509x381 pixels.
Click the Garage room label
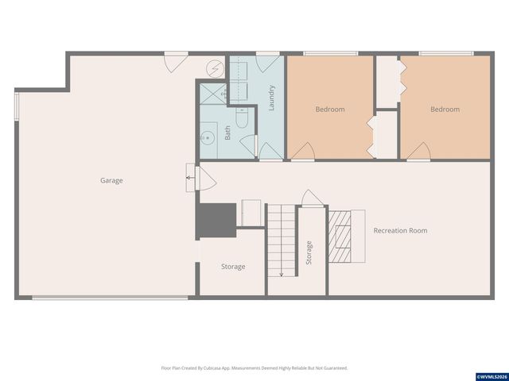[x=111, y=181]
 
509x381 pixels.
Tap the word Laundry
[x=271, y=98]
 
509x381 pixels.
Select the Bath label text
[x=227, y=133]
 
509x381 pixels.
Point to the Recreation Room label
[x=400, y=231]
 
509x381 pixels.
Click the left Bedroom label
[x=330, y=110]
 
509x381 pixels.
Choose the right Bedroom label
[x=445, y=110]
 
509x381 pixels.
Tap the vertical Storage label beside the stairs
[x=309, y=252]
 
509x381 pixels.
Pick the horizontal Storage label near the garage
[x=233, y=267]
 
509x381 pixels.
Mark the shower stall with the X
[x=212, y=94]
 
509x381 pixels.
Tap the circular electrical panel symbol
[x=216, y=67]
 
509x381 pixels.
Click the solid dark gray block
[x=216, y=220]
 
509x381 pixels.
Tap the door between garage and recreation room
[x=204, y=179]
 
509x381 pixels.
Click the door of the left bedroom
[x=303, y=150]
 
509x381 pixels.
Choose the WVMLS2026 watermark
[x=491, y=375]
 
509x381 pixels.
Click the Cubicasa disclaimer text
[x=254, y=368]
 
